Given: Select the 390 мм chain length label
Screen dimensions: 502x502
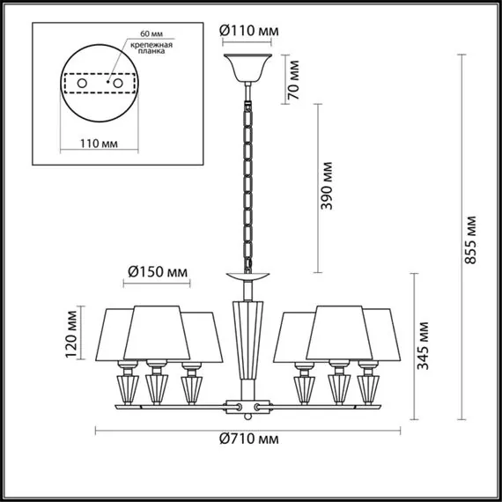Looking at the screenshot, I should pyautogui.click(x=329, y=182).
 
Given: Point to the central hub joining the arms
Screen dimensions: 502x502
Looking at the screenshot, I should pyautogui.click(x=247, y=407).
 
